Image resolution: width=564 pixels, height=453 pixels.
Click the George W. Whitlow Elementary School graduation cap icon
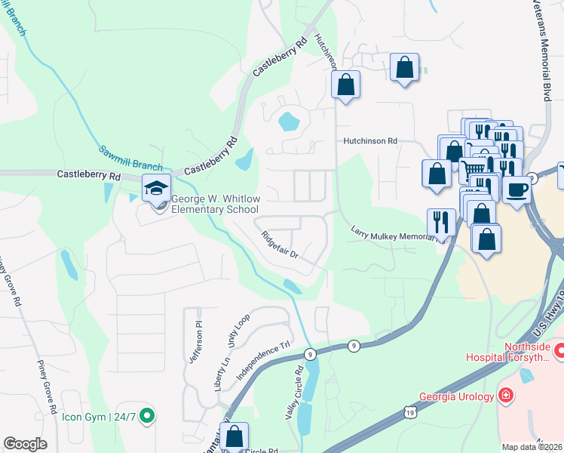157,187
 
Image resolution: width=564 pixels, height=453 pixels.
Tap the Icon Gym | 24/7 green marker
149,414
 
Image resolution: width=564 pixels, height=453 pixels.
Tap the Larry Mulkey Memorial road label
391,232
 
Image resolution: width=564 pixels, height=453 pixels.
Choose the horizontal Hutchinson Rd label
369,140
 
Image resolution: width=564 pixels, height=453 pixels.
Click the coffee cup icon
517,189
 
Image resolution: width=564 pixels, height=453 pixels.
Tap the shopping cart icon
472,169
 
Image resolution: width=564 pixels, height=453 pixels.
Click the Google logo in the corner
25,444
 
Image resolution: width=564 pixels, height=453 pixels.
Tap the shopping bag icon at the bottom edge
234,436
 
